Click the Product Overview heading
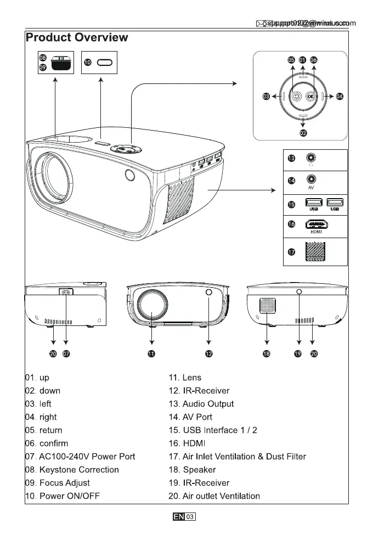click(77, 38)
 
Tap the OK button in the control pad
click(310, 97)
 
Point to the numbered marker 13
click(292, 158)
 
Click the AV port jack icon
click(311, 179)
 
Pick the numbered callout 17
click(292, 252)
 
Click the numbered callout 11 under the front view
click(151, 354)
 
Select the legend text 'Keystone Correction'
click(79, 470)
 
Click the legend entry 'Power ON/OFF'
click(69, 496)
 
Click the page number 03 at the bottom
click(190, 517)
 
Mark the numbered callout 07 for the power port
click(66, 354)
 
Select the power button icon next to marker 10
click(104, 63)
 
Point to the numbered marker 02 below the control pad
click(303, 132)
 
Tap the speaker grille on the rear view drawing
click(267, 305)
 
